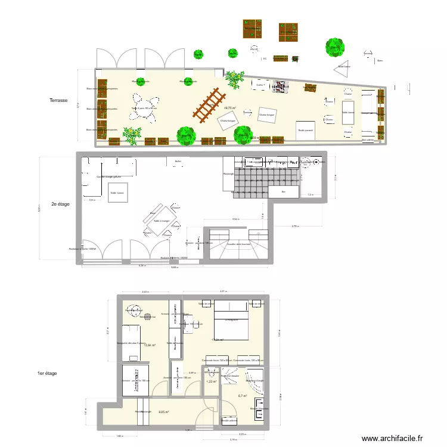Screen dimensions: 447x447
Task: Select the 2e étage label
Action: click(x=60, y=204)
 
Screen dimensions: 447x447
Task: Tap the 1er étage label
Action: click(x=46, y=373)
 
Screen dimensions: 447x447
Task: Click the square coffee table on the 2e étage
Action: click(x=117, y=193)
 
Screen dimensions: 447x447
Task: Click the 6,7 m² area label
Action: click(x=242, y=396)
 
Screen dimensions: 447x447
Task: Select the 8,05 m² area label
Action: click(x=163, y=412)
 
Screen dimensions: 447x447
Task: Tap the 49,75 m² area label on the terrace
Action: click(x=229, y=108)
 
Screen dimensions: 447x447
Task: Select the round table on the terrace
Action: click(x=144, y=108)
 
